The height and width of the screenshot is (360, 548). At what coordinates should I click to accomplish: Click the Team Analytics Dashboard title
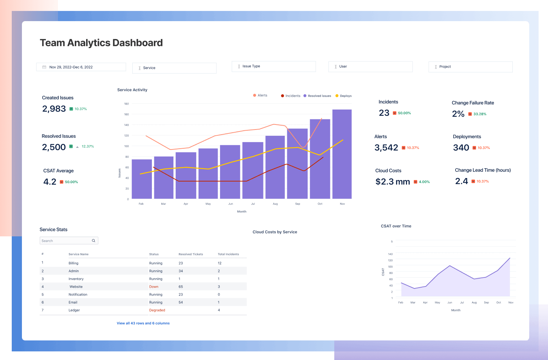point(101,43)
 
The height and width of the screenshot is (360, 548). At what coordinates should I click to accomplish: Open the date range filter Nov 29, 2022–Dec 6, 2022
point(81,67)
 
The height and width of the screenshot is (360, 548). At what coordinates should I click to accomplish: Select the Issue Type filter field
point(274,67)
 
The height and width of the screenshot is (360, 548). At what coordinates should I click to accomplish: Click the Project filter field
point(470,67)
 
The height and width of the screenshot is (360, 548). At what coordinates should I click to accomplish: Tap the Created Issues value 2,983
point(54,109)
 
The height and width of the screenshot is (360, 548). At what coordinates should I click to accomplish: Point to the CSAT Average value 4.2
point(50,182)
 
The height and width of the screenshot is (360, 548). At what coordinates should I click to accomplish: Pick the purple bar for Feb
point(142,179)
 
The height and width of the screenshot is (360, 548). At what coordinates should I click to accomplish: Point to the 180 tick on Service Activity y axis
point(126,104)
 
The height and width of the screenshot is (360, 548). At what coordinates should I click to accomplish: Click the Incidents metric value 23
point(384,113)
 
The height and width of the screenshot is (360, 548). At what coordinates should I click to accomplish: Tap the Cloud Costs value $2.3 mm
point(393,182)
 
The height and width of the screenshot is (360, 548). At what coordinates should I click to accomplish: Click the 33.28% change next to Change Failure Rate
point(479,114)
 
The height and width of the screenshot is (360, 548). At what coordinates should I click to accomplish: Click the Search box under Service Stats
point(67,241)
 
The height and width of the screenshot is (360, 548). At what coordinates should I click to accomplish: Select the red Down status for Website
point(154,287)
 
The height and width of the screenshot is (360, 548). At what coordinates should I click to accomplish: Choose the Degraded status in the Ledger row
point(157,310)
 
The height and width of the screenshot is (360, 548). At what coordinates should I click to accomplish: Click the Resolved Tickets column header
point(191,254)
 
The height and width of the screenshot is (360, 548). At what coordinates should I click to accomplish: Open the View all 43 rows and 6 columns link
point(143,323)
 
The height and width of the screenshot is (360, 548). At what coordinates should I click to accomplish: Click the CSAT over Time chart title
point(396,226)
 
